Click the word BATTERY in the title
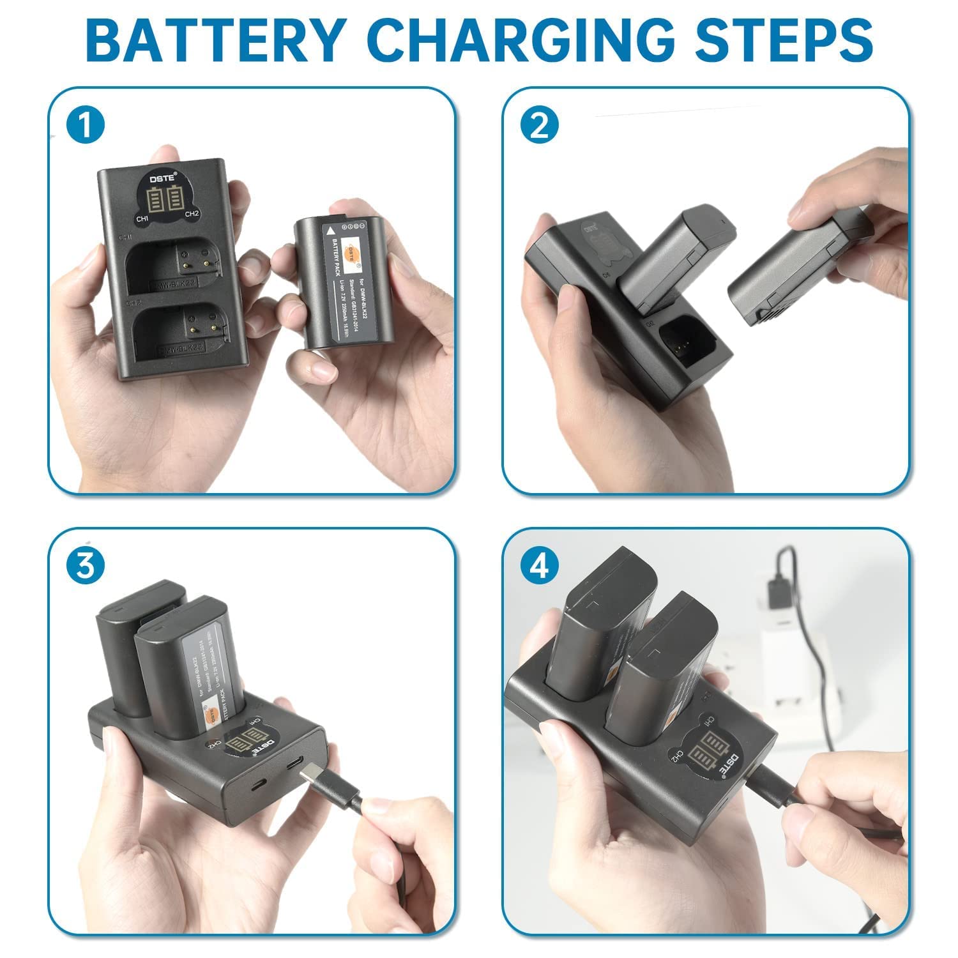(x=215, y=40)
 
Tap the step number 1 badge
(x=85, y=125)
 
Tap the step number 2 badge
(x=539, y=125)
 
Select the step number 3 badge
(x=85, y=566)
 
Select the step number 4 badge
(x=539, y=566)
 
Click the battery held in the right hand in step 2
(x=792, y=268)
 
